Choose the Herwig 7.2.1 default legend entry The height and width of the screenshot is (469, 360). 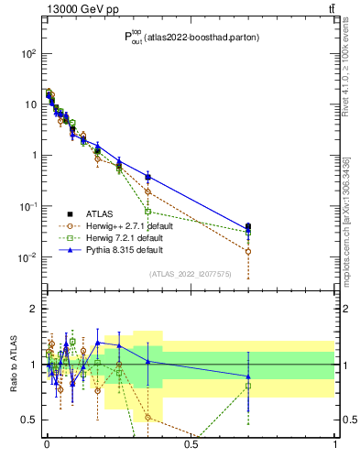tap(123, 236)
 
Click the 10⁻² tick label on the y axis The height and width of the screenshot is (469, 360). tap(27, 256)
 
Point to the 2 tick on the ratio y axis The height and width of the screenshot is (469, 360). tap(34, 309)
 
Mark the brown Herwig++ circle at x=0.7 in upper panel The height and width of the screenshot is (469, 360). tap(248, 251)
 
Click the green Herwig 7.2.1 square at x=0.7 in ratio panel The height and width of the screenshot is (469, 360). tap(248, 386)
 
